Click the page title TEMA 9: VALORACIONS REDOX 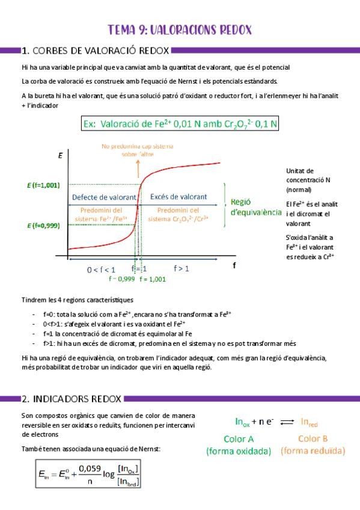(x=180, y=29)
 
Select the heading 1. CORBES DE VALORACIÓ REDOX (x=94, y=51)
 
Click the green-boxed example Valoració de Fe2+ (x=180, y=124)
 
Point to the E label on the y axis (x=60, y=155)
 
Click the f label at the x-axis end (x=234, y=264)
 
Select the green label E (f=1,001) (x=43, y=185)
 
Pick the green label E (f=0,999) (x=43, y=226)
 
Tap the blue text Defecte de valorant (x=104, y=197)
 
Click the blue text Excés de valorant (x=178, y=197)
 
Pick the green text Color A (x=239, y=438)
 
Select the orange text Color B (x=313, y=438)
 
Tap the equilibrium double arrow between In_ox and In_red (x=287, y=422)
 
